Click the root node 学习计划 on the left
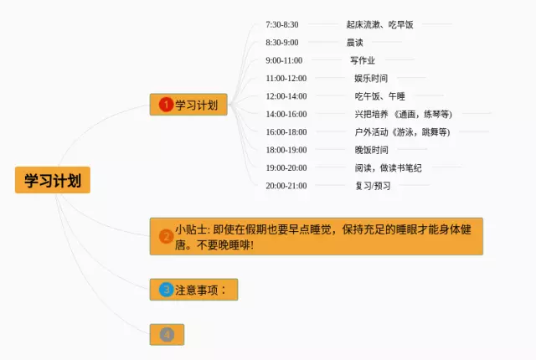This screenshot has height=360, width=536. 52,180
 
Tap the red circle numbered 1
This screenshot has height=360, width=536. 166,105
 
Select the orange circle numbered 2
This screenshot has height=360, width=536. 166,236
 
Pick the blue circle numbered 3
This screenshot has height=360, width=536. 166,290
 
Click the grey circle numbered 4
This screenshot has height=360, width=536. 167,334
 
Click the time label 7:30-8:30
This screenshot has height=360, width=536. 281,25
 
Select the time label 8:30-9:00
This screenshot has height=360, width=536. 281,43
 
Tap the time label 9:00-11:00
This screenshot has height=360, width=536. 284,60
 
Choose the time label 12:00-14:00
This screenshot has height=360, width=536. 286,96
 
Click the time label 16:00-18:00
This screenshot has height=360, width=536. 286,132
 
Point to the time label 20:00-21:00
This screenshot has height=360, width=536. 286,186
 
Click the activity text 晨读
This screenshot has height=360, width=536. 354,43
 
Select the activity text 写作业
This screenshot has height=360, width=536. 363,60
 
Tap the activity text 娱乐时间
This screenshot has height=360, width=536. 371,79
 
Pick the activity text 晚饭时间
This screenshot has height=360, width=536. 371,150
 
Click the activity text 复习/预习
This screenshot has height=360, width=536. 373,186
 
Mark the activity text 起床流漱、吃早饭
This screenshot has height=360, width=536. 379,25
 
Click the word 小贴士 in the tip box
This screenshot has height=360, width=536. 193,229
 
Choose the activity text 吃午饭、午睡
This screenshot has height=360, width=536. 380,96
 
